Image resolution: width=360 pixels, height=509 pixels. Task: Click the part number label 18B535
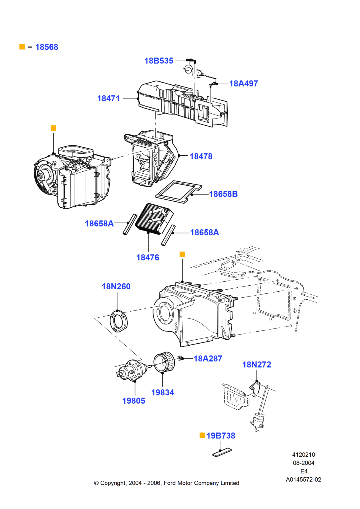pyautogui.click(x=159, y=61)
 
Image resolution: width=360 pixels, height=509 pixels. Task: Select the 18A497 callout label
pyautogui.click(x=243, y=83)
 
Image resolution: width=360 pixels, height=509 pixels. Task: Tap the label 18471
pyautogui.click(x=108, y=98)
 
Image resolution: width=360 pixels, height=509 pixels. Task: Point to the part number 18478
pyautogui.click(x=201, y=156)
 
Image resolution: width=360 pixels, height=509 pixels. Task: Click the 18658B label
pyautogui.click(x=223, y=194)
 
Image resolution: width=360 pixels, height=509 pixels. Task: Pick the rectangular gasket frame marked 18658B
pyautogui.click(x=178, y=192)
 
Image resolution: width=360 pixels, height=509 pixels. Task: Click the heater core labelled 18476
pyautogui.click(x=154, y=219)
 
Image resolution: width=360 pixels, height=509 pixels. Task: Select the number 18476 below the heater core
pyautogui.click(x=147, y=257)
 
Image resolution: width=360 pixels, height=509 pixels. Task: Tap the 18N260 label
pyautogui.click(x=116, y=286)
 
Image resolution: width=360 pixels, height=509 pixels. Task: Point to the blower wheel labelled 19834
pyautogui.click(x=164, y=362)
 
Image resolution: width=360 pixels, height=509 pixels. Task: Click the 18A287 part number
pyautogui.click(x=208, y=358)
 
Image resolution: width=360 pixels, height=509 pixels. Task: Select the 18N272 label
pyautogui.click(x=257, y=364)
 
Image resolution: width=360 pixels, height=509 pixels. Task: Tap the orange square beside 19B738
pyautogui.click(x=202, y=435)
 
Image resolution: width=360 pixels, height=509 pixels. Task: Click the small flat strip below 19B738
pyautogui.click(x=222, y=452)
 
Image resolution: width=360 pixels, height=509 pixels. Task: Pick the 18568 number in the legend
pyautogui.click(x=47, y=47)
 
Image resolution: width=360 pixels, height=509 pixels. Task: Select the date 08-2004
pyautogui.click(x=303, y=463)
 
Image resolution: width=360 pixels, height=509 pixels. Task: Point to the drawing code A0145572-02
pyautogui.click(x=303, y=480)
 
